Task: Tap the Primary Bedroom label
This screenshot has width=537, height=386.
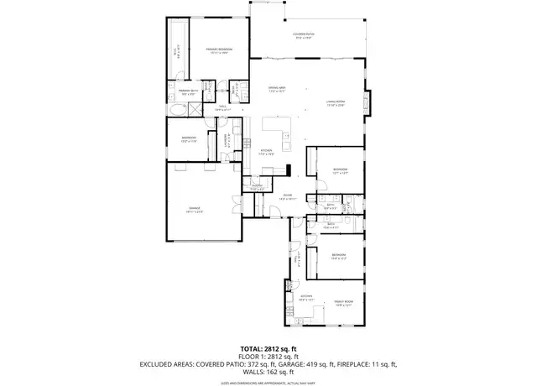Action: [219, 51]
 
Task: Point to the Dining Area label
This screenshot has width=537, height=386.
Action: [278, 89]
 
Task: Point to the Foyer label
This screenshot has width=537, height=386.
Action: [287, 197]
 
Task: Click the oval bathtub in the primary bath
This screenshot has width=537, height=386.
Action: [177, 109]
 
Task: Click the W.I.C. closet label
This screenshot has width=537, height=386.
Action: [175, 52]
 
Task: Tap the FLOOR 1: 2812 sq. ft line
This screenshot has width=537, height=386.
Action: [268, 356]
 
